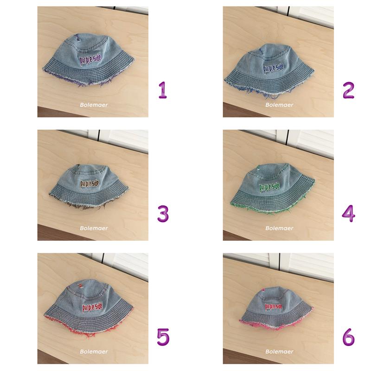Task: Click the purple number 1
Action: click(x=163, y=90)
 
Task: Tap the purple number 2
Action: click(x=349, y=90)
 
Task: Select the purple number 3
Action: click(x=163, y=214)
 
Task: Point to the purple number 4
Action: click(x=349, y=213)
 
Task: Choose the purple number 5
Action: click(x=163, y=337)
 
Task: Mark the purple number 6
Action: click(x=349, y=337)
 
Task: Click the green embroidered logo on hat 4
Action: click(x=269, y=187)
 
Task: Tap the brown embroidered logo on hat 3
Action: click(x=90, y=184)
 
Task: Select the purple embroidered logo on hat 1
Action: click(x=90, y=60)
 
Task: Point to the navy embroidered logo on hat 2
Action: click(x=274, y=68)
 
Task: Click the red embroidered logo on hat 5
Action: click(x=92, y=307)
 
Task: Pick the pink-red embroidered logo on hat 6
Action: click(x=274, y=307)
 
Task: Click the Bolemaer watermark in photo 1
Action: click(x=94, y=105)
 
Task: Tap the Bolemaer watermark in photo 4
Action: click(x=279, y=228)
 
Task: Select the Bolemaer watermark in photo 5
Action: click(x=94, y=352)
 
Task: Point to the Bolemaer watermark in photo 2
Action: click(x=279, y=105)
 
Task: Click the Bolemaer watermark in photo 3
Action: click(x=94, y=228)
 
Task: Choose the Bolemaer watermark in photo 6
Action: click(x=279, y=352)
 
